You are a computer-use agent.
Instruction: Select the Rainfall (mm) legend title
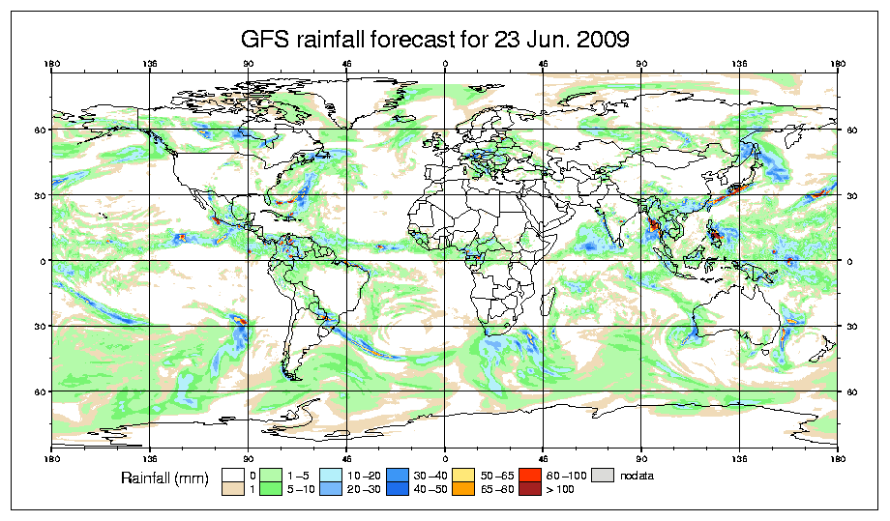click(164, 478)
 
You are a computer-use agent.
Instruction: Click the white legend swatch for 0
click(232, 474)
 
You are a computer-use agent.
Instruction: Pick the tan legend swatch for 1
click(232, 489)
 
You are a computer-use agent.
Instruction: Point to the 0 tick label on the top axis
click(445, 66)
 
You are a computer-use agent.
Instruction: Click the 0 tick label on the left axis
click(44, 261)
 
